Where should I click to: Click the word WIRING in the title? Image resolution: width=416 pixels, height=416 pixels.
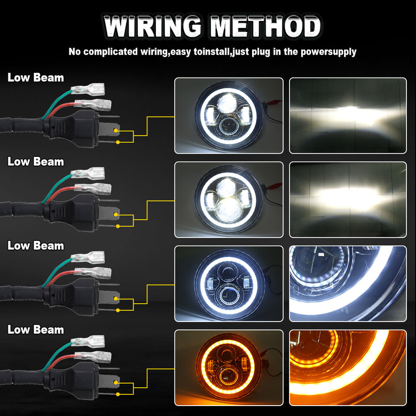[x=153, y=27]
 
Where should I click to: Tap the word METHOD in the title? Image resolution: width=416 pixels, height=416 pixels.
[x=266, y=27]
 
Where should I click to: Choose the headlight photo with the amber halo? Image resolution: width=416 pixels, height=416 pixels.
[x=228, y=367]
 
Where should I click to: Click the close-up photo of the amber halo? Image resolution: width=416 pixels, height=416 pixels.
[x=348, y=367]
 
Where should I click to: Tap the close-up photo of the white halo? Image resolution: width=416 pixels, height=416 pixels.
[x=348, y=283]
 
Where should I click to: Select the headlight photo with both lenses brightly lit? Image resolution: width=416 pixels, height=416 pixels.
[x=228, y=199]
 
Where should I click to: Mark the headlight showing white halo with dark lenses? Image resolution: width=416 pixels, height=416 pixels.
[x=228, y=283]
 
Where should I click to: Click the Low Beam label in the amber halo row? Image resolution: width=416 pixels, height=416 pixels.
[x=36, y=329]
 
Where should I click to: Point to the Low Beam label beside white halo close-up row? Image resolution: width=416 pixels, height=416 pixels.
[x=36, y=245]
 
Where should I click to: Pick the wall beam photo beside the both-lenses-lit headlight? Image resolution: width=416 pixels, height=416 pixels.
[x=348, y=199]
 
